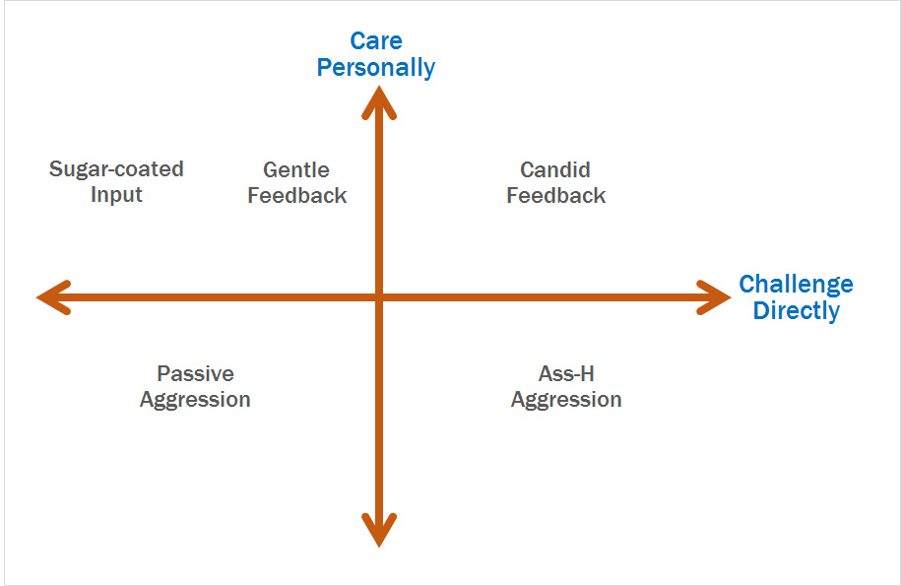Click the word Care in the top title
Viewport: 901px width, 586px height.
point(376,40)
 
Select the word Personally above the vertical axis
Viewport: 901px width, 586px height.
point(376,68)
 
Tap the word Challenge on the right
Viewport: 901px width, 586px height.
point(796,285)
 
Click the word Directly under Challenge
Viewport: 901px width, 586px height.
point(797,310)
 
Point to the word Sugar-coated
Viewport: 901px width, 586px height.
point(116,169)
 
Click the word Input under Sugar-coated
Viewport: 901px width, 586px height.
point(116,195)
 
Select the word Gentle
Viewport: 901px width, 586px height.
point(296,169)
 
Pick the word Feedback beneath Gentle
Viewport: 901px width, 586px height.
point(297,195)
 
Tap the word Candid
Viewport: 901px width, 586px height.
point(555,169)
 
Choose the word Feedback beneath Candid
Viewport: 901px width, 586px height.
point(555,195)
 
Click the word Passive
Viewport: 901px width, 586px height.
point(195,373)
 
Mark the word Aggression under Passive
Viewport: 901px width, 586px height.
point(195,400)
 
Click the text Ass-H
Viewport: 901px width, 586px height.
point(566,373)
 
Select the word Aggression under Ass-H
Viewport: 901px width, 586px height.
point(566,400)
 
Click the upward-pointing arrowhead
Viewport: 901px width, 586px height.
point(379,101)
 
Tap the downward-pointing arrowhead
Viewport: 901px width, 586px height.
point(379,530)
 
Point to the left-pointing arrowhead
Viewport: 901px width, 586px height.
point(54,297)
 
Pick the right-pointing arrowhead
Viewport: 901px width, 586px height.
point(714,297)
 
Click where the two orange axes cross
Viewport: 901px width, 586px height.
point(379,297)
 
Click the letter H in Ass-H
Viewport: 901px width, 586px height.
point(587,373)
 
